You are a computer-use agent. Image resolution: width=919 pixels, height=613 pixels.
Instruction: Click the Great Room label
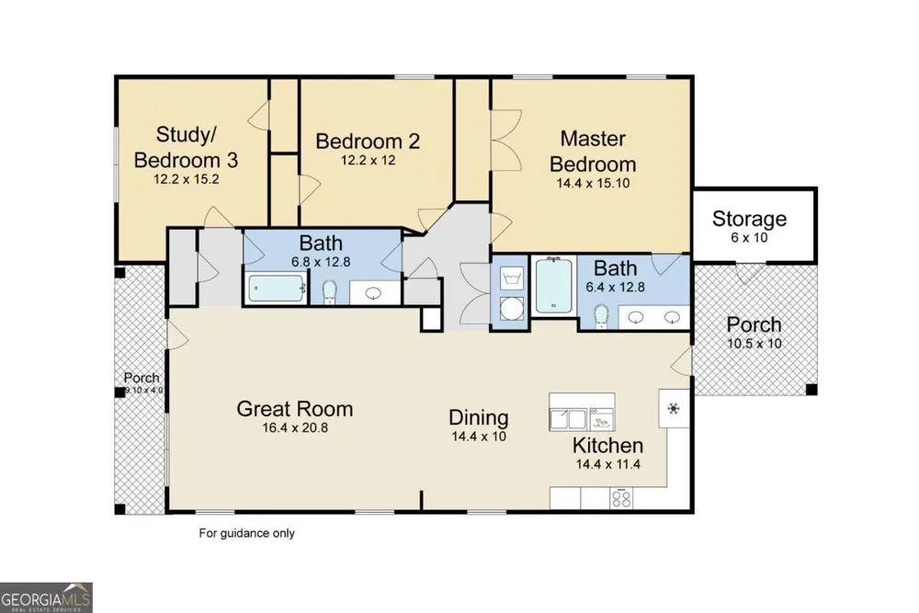[295, 408]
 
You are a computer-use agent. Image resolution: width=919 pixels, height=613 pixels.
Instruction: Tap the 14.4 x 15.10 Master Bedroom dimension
[593, 183]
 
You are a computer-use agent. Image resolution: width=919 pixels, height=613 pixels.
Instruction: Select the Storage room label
[749, 219]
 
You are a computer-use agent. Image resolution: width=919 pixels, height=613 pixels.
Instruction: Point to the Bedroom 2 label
[368, 142]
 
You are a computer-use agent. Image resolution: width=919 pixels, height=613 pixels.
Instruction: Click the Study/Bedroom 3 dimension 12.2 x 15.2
[187, 178]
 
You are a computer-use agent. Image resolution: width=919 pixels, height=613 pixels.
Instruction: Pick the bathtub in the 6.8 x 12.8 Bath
[276, 289]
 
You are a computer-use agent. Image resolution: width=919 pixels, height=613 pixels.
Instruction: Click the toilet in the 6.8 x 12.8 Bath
[329, 291]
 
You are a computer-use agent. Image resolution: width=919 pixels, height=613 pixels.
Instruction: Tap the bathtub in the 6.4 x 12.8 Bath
[554, 286]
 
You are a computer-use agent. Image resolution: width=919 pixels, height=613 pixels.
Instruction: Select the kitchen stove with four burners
[621, 498]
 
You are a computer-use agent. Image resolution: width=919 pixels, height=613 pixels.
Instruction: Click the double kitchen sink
[568, 419]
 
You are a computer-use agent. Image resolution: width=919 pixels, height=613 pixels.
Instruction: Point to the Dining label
[478, 417]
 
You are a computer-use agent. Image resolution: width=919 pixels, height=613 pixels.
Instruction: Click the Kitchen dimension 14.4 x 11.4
[607, 465]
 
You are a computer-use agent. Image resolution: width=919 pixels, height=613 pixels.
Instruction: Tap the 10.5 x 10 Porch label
[754, 324]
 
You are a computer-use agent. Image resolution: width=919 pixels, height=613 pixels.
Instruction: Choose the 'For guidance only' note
[246, 533]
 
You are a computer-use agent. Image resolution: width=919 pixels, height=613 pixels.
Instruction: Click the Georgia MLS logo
[46, 597]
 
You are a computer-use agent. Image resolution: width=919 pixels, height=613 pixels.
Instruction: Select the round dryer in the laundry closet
[512, 308]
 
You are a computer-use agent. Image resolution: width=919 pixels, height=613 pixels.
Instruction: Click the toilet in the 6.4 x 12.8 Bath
[601, 316]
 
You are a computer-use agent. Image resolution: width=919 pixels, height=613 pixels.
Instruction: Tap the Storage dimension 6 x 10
[749, 237]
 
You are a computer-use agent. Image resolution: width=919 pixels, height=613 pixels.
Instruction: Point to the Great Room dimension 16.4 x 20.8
[295, 427]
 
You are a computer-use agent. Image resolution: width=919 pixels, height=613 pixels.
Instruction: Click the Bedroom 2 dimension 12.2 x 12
[369, 160]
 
